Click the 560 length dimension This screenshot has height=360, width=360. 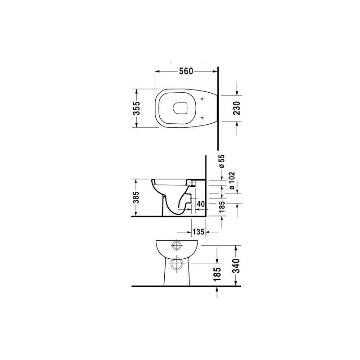[186, 72]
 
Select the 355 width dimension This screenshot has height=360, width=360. [136, 108]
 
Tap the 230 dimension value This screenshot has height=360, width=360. [237, 108]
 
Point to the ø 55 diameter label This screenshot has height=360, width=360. [222, 162]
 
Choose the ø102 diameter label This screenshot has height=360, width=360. [232, 181]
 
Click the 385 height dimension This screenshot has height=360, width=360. [136, 198]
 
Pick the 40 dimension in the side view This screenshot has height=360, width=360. [201, 204]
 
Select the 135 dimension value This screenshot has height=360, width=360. [198, 232]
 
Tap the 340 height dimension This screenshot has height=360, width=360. [237, 266]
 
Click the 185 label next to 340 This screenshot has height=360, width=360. [217, 274]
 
